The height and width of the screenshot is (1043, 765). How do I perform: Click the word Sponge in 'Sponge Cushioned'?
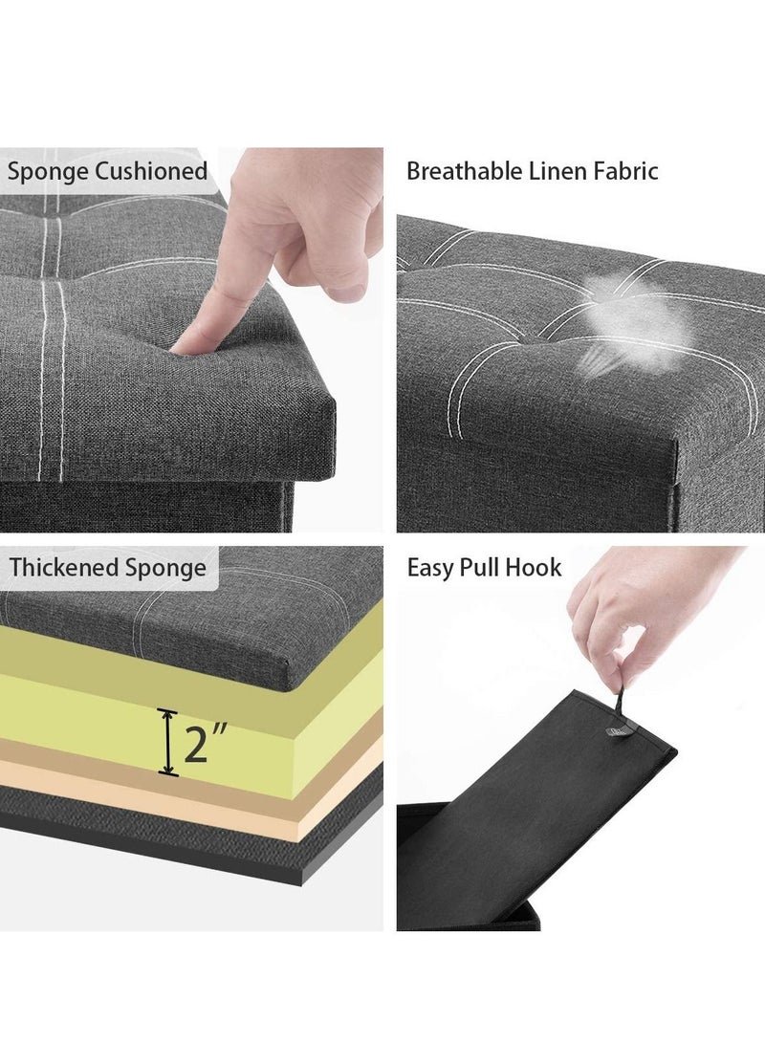coord(48,172)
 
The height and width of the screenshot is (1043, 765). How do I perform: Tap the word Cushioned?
coord(152,171)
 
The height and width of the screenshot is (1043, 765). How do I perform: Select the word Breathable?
coord(465,171)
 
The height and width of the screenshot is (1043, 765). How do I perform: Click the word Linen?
coord(557,171)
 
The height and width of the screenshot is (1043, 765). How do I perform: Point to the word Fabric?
coord(625,171)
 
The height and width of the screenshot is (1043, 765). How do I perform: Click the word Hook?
coord(534,568)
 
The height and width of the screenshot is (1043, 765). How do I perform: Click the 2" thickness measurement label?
coord(205,744)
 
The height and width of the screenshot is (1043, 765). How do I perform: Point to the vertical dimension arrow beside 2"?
coord(167,743)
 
